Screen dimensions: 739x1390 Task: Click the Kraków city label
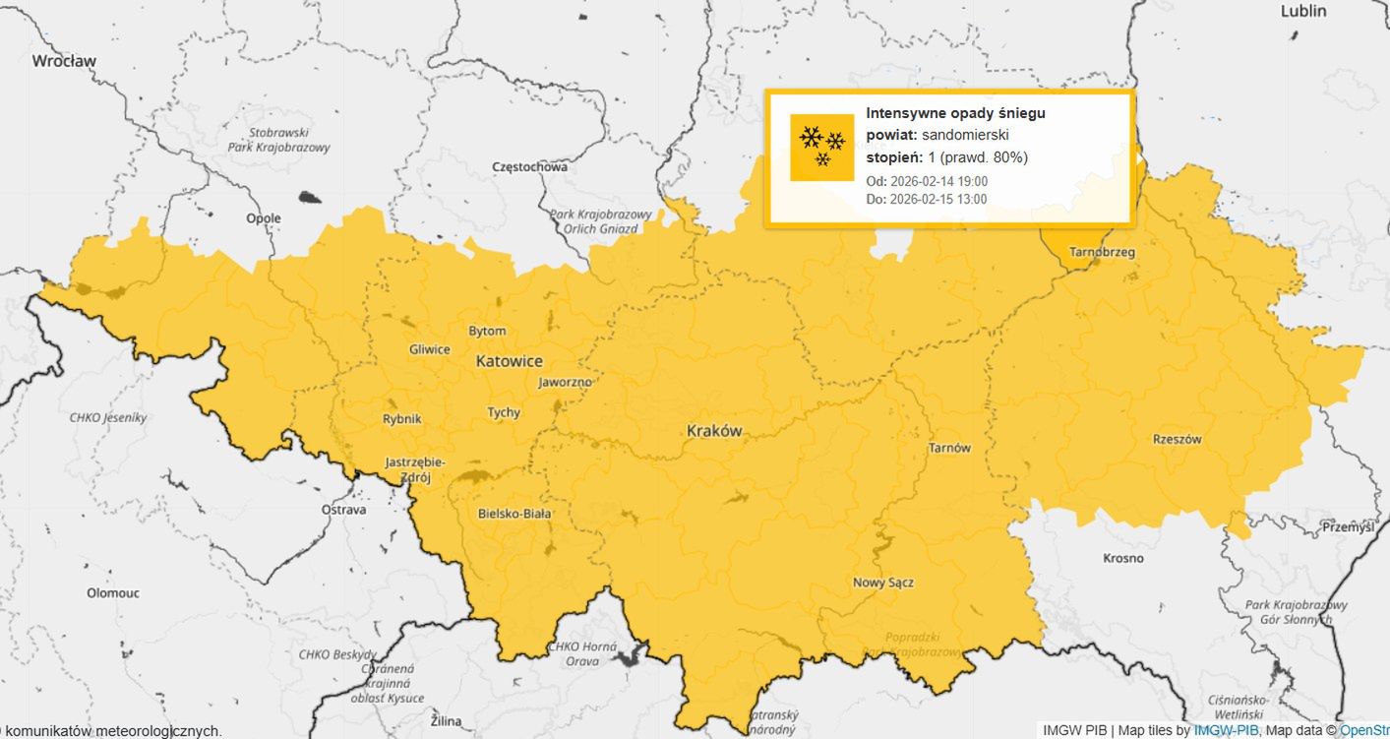[714, 431]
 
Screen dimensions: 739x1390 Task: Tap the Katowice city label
[509, 361]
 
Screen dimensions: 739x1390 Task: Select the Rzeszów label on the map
[1177, 440]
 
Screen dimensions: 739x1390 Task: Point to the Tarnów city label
[949, 448]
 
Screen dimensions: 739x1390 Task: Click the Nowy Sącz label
[882, 583]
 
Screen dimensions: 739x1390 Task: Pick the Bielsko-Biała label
[514, 514]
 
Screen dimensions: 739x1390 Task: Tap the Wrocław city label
[64, 61]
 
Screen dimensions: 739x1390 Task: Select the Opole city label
[264, 218]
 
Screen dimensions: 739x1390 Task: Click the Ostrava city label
[344, 510]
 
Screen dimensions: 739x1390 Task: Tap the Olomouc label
[113, 593]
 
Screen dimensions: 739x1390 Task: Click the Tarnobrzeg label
[1102, 252]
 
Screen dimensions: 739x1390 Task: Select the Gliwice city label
[430, 349]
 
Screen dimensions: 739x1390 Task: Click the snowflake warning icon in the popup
[822, 148]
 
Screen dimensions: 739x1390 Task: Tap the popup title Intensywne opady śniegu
[955, 113]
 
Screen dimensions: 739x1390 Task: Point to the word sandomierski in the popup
[965, 135]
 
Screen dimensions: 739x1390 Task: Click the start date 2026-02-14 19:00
[938, 181]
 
